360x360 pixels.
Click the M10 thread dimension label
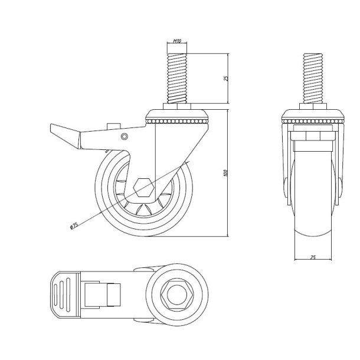(x=176, y=42)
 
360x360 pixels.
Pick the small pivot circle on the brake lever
(x=124, y=137)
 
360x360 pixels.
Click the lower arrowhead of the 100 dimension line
(x=228, y=234)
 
